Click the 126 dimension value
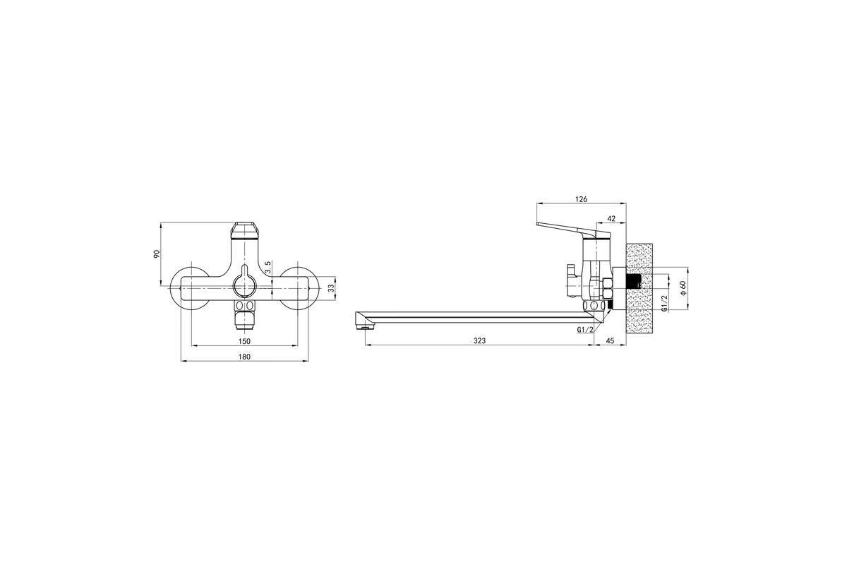581,199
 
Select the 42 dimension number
611,219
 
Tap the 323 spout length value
479,340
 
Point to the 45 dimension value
611,340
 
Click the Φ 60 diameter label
683,287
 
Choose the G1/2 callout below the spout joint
585,330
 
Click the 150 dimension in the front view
244,341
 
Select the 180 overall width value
244,357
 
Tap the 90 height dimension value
157,254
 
